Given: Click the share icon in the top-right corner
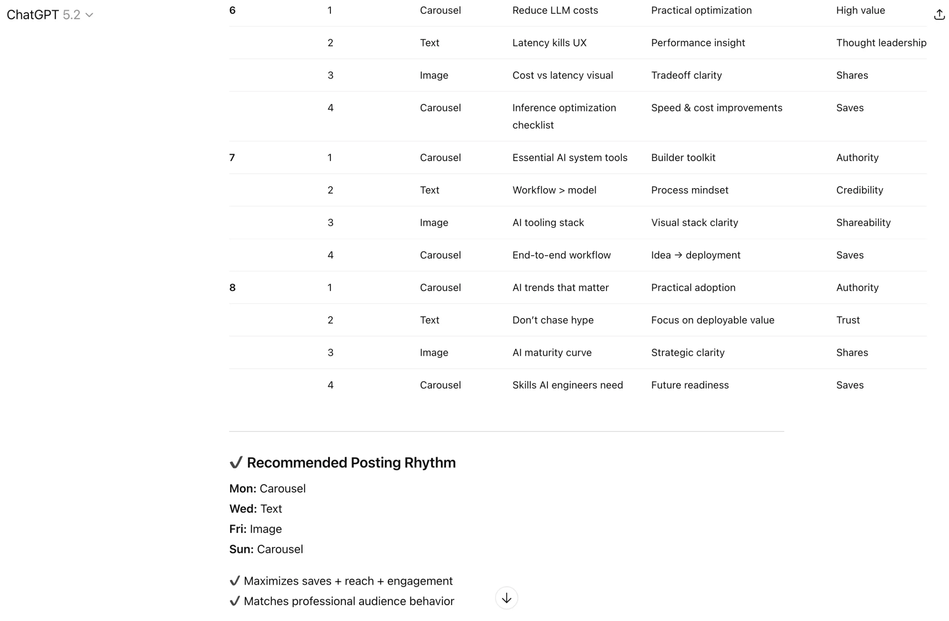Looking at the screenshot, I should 939,15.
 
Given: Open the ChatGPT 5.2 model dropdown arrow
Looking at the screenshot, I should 89,15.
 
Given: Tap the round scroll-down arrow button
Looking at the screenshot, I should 506,598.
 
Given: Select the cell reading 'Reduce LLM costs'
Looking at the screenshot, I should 555,10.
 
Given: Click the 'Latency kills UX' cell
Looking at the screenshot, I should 549,43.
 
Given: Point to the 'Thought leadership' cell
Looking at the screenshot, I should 881,43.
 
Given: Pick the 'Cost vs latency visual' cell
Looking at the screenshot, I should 562,75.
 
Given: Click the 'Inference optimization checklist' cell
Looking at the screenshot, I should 564,116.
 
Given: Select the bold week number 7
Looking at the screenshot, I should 232,158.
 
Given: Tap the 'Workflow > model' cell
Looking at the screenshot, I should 554,190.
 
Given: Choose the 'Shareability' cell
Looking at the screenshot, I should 863,223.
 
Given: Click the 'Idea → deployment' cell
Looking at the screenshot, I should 695,255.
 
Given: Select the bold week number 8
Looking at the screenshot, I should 232,288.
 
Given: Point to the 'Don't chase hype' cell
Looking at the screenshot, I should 553,320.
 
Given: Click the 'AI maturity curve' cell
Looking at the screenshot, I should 552,353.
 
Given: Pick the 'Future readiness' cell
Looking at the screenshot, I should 690,385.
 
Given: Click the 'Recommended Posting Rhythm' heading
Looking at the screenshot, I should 351,463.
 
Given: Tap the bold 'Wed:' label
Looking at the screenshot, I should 243,509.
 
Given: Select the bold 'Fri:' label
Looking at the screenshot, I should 238,529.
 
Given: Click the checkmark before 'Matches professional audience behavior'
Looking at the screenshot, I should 235,601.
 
